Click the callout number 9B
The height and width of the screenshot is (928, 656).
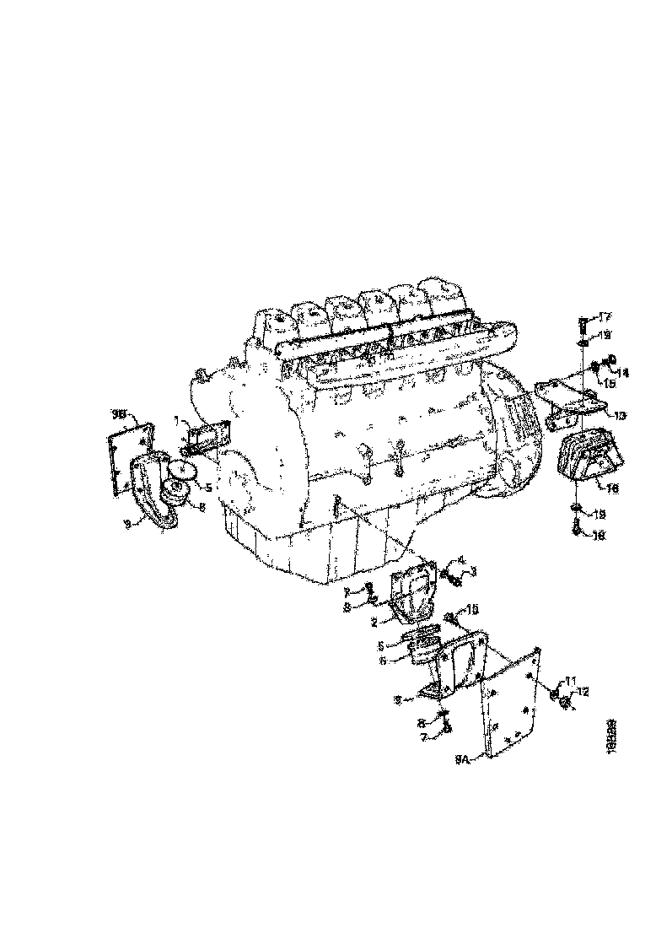(x=119, y=413)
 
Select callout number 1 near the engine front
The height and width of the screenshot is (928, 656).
(x=175, y=419)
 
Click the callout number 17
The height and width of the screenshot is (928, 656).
(x=604, y=317)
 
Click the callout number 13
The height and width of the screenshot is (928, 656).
(x=620, y=415)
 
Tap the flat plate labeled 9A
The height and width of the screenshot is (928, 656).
(x=511, y=700)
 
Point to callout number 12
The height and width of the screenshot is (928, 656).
(x=583, y=692)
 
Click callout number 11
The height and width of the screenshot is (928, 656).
(x=571, y=680)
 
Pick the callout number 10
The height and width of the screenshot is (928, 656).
(x=473, y=608)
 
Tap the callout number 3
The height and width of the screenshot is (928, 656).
(x=474, y=571)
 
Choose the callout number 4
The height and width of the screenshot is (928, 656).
(x=462, y=559)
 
